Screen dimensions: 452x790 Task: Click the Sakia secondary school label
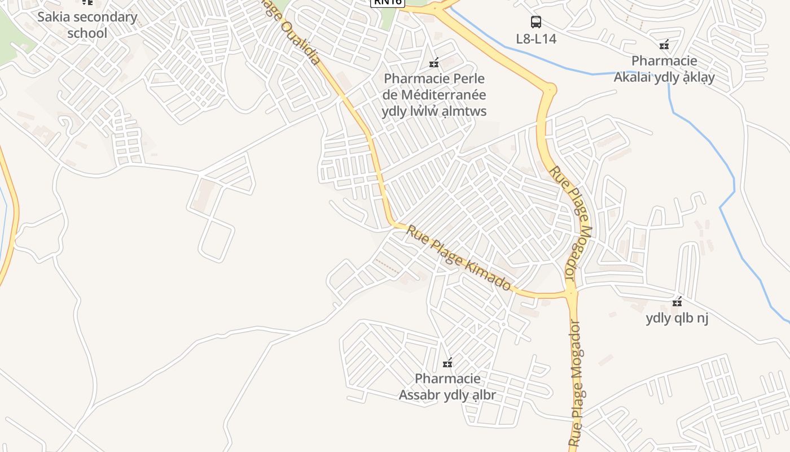[87, 25]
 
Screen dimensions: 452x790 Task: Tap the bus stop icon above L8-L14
[536, 22]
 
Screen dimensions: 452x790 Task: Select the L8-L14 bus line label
[536, 39]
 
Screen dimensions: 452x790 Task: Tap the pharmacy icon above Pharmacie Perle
[434, 63]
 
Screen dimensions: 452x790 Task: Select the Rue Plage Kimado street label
[458, 258]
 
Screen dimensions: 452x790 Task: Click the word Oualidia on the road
[301, 42]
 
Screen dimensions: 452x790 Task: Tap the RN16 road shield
[387, 2]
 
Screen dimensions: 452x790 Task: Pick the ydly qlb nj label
[677, 319]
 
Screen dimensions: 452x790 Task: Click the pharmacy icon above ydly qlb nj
[677, 302]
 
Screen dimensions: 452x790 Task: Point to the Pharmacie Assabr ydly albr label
[447, 386]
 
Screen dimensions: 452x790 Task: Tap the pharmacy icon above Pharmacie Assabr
[448, 363]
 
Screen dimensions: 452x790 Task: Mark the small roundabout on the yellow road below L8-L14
[549, 89]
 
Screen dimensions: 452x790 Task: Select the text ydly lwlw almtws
[434, 111]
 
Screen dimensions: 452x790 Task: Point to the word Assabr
[424, 395]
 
